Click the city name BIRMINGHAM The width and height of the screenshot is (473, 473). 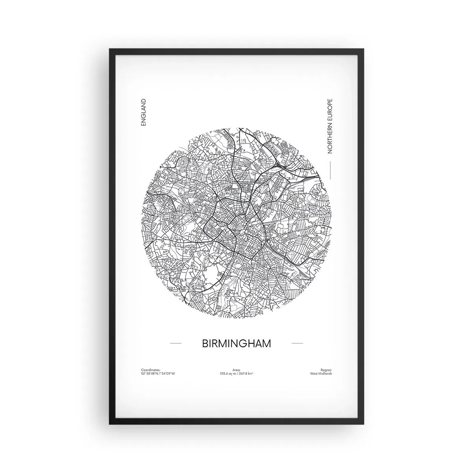(x=236, y=343)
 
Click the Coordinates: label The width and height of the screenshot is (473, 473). (x=151, y=370)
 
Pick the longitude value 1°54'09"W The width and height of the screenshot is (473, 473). (x=167, y=373)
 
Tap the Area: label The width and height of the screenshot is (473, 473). (x=236, y=370)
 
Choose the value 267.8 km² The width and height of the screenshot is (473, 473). (x=245, y=373)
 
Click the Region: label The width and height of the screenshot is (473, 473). (x=326, y=370)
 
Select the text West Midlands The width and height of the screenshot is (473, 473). (x=321, y=373)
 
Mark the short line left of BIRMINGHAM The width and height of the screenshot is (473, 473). (x=175, y=343)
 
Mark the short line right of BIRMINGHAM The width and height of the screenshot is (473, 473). (x=297, y=343)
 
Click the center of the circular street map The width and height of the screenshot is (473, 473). (x=236, y=223)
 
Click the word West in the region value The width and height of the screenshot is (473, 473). (x=314, y=373)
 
